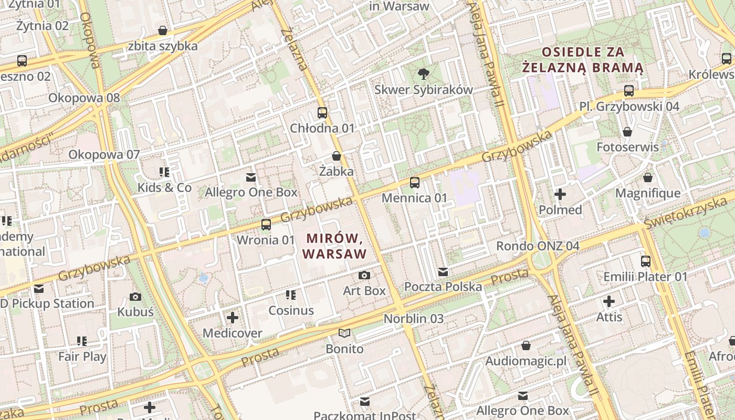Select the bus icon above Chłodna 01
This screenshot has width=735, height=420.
point(322,113)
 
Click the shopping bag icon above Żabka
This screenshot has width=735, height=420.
point(337,156)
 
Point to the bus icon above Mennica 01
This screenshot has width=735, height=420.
point(415,183)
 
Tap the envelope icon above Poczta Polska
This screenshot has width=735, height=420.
point(443,271)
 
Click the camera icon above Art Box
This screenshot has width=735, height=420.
point(364,275)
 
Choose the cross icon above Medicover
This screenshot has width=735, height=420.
point(233,318)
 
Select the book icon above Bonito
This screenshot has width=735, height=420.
point(344,333)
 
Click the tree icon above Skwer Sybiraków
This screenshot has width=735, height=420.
point(423,74)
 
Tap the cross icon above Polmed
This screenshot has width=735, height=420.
point(560,194)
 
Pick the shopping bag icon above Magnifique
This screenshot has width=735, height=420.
point(648,178)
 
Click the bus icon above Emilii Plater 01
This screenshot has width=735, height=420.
point(646,261)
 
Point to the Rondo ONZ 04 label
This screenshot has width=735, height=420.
point(538,246)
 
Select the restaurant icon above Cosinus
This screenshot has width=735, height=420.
point(291,295)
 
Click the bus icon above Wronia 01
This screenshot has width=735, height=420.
point(266,225)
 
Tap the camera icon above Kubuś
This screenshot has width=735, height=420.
point(135,297)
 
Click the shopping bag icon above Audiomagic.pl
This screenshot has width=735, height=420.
point(526,345)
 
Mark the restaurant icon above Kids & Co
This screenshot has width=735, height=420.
point(164,172)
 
